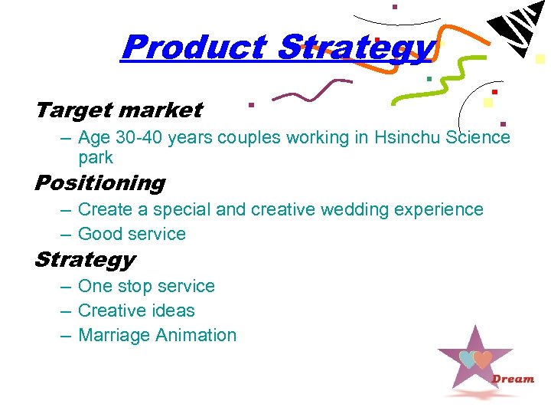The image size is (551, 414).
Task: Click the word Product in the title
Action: click(194, 47)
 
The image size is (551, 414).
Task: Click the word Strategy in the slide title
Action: click(356, 47)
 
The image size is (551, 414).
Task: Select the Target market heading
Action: click(119, 110)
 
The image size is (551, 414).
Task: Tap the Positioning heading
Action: click(99, 183)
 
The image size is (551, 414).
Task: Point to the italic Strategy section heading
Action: click(84, 260)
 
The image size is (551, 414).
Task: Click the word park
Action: click(96, 158)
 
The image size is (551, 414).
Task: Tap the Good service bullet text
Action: click(132, 234)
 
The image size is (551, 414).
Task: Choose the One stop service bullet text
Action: click(146, 286)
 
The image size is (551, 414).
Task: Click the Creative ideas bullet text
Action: click(136, 310)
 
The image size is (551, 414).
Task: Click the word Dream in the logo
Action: click(513, 379)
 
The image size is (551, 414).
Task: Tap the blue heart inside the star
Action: click(468, 360)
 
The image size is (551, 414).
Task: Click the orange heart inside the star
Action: click(482, 360)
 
